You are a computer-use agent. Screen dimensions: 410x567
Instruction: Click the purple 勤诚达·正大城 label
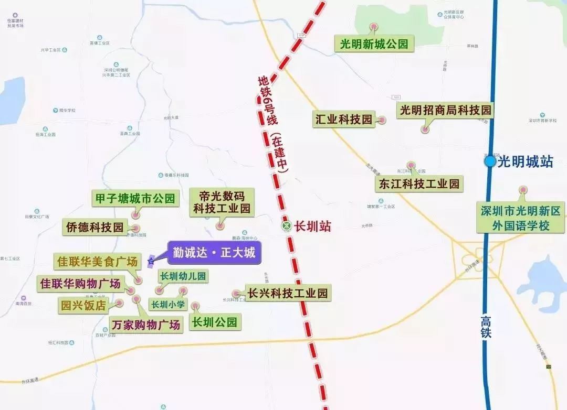[x=214, y=253]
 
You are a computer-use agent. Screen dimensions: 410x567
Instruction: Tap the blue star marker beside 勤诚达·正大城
[x=151, y=260]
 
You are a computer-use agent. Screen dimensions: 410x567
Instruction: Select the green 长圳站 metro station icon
[x=286, y=226]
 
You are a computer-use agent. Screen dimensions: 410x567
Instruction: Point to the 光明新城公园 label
[x=374, y=44]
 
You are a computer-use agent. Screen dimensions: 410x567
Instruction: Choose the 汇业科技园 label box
[x=343, y=120]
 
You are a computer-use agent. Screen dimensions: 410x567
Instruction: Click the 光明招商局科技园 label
[x=445, y=110]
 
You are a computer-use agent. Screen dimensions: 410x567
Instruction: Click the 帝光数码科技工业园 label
[x=221, y=202]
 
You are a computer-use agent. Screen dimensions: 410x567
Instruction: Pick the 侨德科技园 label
[x=94, y=227]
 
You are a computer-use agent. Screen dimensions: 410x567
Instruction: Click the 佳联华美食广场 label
[x=97, y=261]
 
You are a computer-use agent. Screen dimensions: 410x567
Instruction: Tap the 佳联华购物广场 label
[x=80, y=284]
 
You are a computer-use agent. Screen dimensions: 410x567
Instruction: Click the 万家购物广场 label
[x=146, y=324]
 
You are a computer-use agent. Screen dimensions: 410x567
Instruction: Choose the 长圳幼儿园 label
[x=183, y=276]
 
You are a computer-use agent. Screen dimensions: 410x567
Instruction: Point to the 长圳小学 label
[x=168, y=304]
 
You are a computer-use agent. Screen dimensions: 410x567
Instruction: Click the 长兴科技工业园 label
[x=288, y=293]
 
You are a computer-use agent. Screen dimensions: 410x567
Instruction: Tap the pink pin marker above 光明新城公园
[x=374, y=27]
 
